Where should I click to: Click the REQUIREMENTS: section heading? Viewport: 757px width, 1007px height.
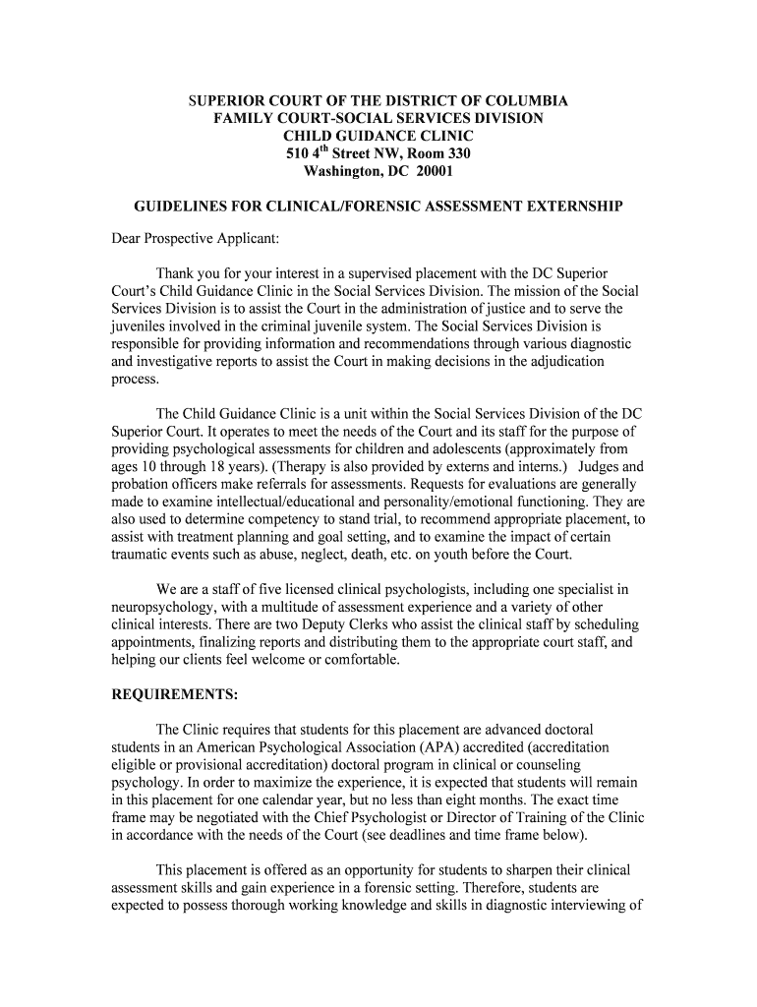(173, 694)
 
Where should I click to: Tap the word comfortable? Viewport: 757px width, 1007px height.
(361, 660)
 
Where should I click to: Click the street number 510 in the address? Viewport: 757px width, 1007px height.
(297, 153)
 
